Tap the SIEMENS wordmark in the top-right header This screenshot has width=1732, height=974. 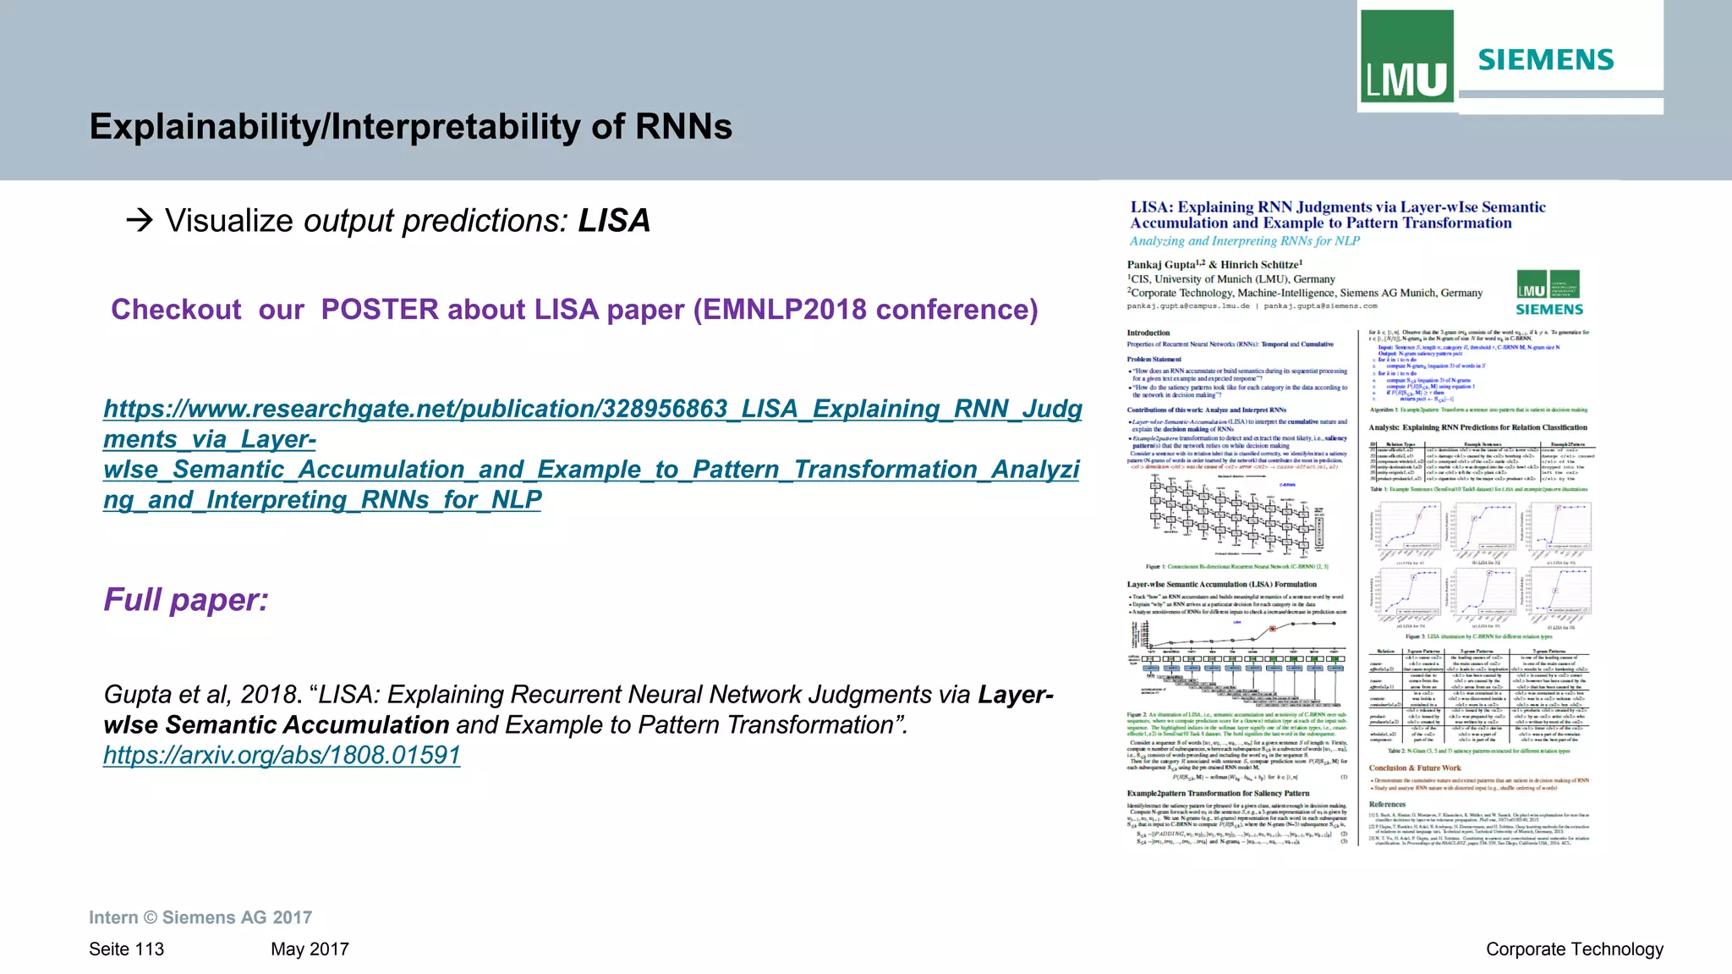[1546, 60]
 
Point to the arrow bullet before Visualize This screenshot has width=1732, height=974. [139, 221]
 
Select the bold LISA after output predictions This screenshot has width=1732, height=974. [614, 221]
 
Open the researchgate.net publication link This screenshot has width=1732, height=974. [591, 454]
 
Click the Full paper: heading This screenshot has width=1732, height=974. [186, 600]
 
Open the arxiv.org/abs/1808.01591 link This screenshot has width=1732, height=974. [282, 755]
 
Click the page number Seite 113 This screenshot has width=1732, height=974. [127, 949]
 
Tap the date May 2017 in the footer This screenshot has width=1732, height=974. [310, 949]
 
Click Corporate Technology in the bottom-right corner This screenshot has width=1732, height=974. [1574, 949]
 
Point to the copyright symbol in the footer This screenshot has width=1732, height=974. [151, 918]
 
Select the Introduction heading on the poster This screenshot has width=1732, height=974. [1148, 333]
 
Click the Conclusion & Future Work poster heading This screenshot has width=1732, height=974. [1415, 768]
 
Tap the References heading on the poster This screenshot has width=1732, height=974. [1387, 805]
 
